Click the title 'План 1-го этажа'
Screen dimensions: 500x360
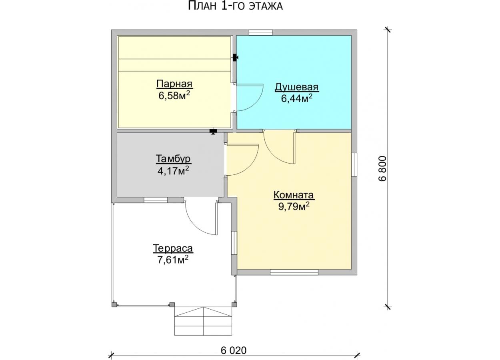tap(235, 6)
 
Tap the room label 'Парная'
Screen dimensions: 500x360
tap(174, 84)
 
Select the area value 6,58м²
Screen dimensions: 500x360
tap(174, 96)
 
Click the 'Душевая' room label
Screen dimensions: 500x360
tap(296, 87)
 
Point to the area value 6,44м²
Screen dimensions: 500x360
tap(296, 98)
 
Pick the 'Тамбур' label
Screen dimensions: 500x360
tap(173, 159)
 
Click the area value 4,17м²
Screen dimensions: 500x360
tap(173, 171)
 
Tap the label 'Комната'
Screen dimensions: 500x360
tap(294, 195)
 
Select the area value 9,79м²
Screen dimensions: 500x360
tap(294, 206)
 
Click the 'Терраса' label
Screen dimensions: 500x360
tap(173, 248)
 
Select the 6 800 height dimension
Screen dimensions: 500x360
tap(382, 168)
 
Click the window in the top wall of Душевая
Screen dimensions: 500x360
tap(261, 32)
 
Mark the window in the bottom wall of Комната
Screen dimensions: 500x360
tap(294, 272)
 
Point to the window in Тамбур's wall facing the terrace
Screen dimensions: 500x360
tap(156, 200)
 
